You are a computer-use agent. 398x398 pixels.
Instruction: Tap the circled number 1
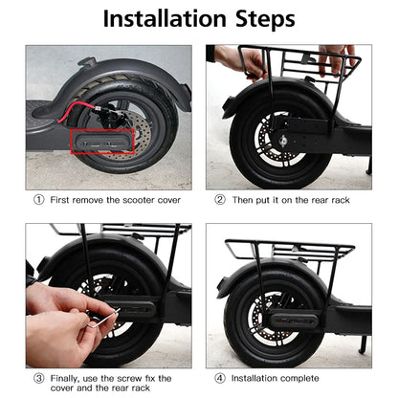pos(39,200)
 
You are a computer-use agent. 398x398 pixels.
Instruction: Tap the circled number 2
pos(219,200)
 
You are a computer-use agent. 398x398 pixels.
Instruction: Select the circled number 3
pos(39,378)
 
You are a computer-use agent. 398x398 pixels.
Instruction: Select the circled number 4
pos(219,378)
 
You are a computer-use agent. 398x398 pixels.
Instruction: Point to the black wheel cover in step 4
pos(297,317)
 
